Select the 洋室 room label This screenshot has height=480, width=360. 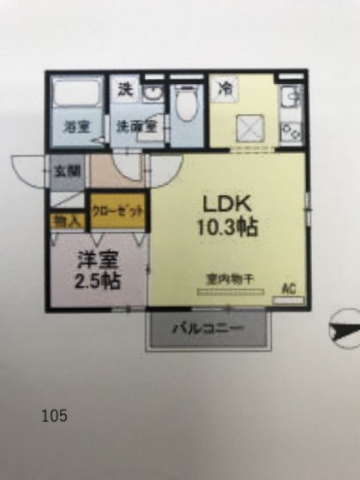coord(96,258)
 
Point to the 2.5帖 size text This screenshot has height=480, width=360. coord(96,279)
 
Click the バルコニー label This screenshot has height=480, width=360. coord(210,329)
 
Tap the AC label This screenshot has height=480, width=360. coord(289,289)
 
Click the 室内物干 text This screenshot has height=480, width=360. coord(226,279)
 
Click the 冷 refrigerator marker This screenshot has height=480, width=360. coord(225,88)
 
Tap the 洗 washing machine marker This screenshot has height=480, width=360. coord(125,88)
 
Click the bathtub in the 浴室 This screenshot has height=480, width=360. coord(76,98)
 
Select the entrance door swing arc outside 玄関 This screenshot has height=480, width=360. coord(29,171)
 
